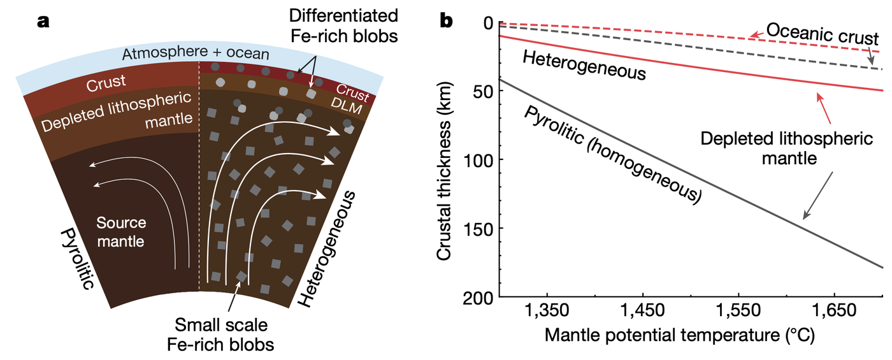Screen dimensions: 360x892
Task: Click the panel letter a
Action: [43, 21]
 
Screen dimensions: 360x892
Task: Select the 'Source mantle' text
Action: [121, 232]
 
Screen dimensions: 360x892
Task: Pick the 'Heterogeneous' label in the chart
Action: [584, 66]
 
